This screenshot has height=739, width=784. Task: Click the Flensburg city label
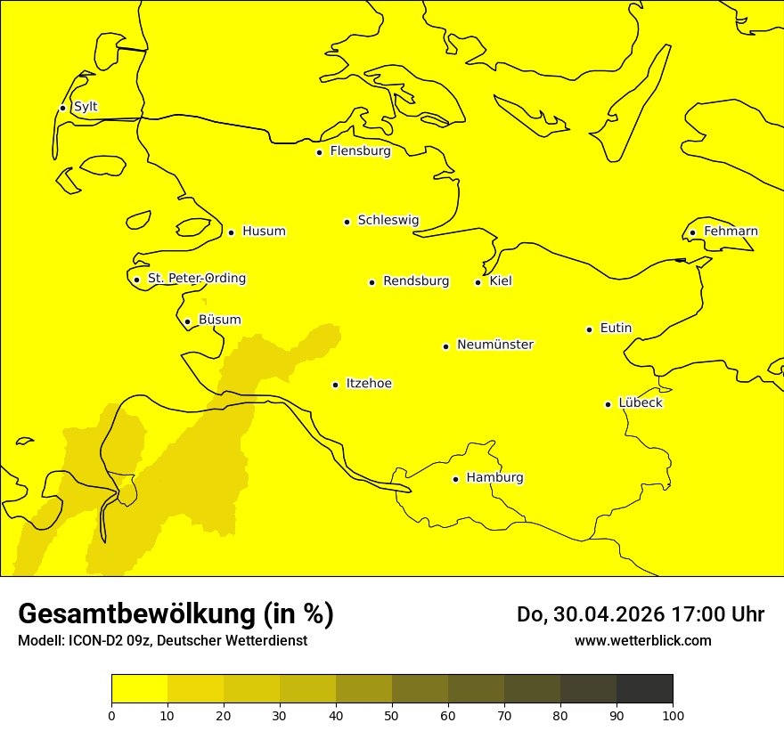point(360,151)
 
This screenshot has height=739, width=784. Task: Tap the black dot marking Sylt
point(62,108)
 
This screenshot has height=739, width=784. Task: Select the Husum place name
point(264,231)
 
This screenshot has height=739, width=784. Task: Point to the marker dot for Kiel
point(478,282)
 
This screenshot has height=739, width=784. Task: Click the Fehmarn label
point(731,231)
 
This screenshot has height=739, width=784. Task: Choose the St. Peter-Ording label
point(196,279)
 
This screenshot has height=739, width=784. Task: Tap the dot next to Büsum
point(187,321)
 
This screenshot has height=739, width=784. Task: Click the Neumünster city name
point(495,345)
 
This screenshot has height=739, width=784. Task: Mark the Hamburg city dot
point(455,479)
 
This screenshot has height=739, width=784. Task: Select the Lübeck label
point(641,402)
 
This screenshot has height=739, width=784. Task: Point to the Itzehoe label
point(369,384)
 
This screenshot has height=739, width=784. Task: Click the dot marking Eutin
point(589,329)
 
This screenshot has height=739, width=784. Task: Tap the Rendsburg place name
point(416,281)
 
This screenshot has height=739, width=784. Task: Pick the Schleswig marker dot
point(347,222)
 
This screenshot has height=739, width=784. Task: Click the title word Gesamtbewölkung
point(139,614)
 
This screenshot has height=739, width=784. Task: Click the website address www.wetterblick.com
point(642,640)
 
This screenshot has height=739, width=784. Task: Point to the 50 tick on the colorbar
point(392,715)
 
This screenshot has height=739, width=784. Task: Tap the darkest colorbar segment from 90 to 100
point(644,688)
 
